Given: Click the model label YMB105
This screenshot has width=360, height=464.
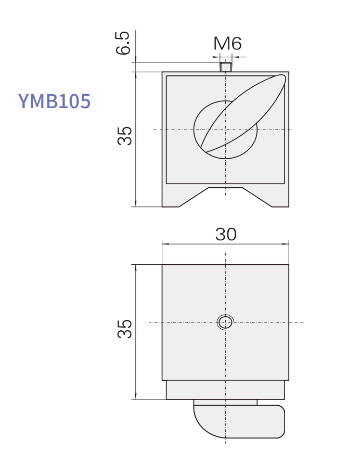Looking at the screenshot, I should coord(55,101).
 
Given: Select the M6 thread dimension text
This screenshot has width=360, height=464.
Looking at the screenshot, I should coord(228,44).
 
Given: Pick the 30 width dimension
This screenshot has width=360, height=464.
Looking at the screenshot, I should coord(226,235).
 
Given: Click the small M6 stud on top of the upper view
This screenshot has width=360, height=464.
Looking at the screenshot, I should coord(225,67).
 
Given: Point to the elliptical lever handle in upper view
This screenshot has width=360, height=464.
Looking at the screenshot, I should coord(243,113).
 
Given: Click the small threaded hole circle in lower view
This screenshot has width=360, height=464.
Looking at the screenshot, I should coord(225,322).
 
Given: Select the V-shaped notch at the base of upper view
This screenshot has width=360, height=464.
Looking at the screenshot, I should coord(225,195).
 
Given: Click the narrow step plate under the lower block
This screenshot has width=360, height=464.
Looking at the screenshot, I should coord(225,390).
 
